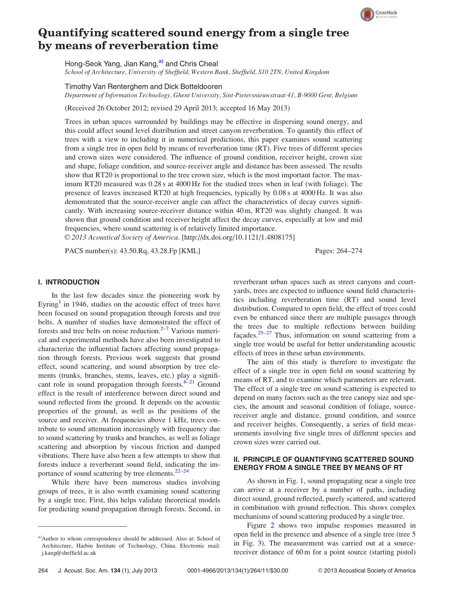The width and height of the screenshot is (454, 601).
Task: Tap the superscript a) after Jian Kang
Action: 161,62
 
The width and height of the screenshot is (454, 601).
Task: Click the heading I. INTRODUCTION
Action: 69,282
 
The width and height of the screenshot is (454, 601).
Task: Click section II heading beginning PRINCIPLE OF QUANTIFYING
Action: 323,459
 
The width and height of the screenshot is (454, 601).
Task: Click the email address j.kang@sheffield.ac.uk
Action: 69,553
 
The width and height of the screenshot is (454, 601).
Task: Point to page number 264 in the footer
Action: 43,570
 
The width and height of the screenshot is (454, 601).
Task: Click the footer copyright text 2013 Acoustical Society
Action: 369,570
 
